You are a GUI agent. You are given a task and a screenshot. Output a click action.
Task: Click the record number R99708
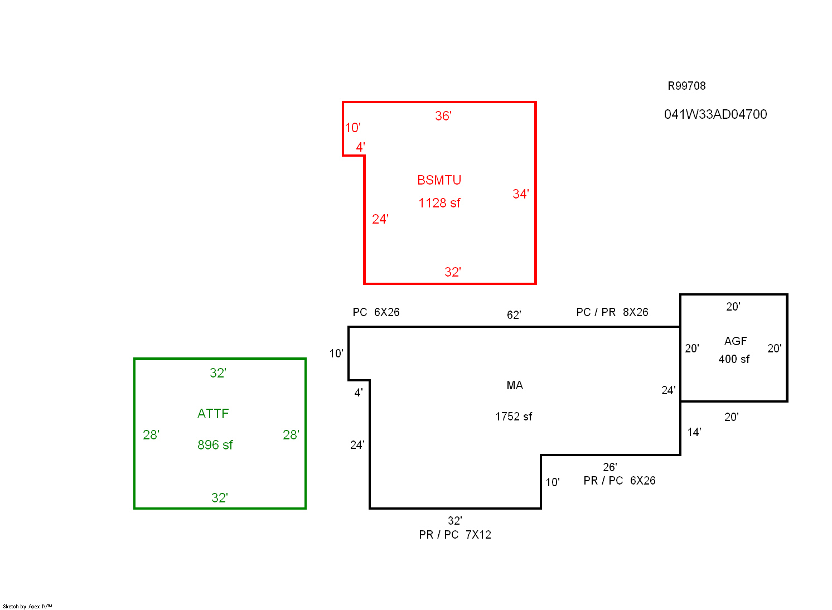click(x=686, y=86)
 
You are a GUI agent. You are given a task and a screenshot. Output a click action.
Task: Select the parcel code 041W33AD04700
click(x=715, y=114)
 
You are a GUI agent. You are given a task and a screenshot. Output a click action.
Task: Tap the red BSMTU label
click(x=439, y=180)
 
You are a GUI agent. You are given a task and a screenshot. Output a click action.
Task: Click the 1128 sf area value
click(x=439, y=203)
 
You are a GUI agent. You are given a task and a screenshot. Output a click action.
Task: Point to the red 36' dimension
click(x=443, y=116)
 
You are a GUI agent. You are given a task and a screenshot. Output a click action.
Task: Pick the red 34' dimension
click(x=521, y=194)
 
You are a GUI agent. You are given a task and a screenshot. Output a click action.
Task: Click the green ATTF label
click(x=213, y=414)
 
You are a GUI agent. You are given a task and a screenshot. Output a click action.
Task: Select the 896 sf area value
click(x=215, y=445)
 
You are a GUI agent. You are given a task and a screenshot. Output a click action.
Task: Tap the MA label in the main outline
click(x=515, y=385)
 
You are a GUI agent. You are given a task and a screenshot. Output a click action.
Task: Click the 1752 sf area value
click(x=514, y=417)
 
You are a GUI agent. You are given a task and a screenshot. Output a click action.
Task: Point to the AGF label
click(x=736, y=341)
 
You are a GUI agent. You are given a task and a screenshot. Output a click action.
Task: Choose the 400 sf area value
click(x=734, y=359)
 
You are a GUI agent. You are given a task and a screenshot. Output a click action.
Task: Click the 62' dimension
click(x=514, y=315)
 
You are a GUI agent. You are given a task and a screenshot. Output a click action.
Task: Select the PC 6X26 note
click(x=376, y=312)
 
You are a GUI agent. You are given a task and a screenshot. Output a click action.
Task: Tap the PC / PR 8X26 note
click(x=612, y=312)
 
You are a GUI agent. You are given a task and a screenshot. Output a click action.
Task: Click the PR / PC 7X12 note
click(x=455, y=535)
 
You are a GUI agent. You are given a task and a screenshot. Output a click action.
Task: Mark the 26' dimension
click(x=610, y=467)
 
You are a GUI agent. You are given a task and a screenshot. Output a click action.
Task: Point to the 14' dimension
click(x=694, y=432)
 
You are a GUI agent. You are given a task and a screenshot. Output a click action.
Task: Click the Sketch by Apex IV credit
click(x=27, y=606)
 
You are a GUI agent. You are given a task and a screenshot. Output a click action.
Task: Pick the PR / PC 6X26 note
click(x=620, y=481)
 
